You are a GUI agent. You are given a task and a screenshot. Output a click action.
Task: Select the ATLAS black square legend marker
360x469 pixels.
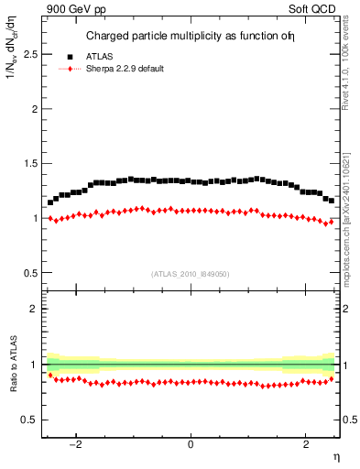point(70,57)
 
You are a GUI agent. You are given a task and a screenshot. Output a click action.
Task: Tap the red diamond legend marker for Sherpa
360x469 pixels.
point(70,70)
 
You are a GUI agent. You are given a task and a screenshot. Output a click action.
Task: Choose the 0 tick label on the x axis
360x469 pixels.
point(191,445)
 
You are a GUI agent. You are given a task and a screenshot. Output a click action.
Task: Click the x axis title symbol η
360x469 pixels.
point(335,458)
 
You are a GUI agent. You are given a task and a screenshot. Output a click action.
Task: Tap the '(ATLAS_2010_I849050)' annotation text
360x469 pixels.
point(191,274)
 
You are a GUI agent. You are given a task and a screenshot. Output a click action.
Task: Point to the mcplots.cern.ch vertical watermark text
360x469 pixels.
point(352,220)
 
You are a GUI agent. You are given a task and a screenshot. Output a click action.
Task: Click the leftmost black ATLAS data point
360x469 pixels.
point(50,202)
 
